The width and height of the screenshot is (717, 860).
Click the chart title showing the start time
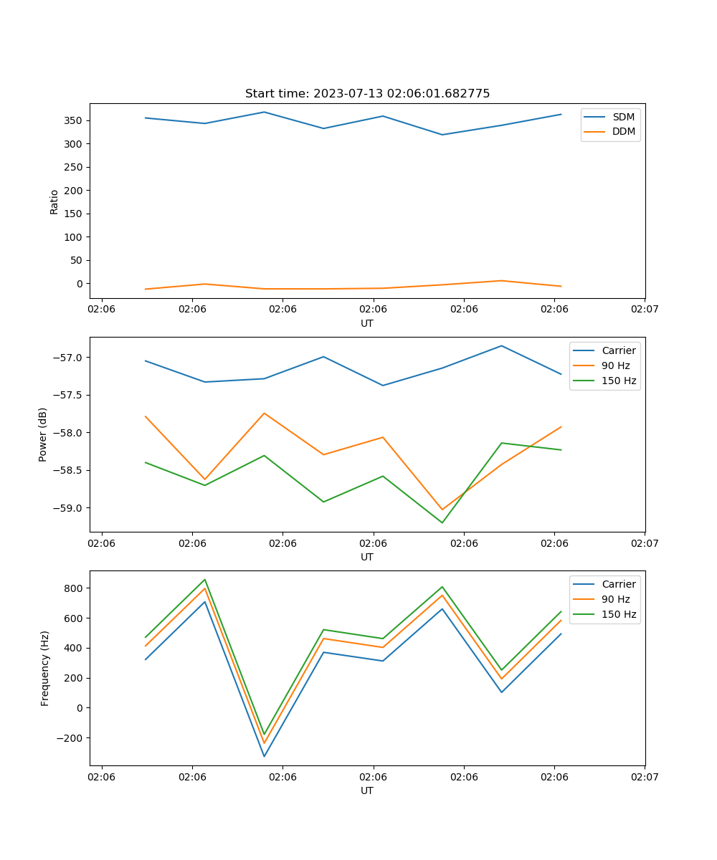tap(367, 94)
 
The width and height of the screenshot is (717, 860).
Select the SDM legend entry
tap(623, 117)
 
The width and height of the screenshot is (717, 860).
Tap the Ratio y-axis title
tap(54, 201)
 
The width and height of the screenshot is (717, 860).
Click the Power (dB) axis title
tap(43, 434)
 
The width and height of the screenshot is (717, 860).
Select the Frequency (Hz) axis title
tap(44, 668)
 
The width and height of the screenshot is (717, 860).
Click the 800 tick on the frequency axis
tap(74, 588)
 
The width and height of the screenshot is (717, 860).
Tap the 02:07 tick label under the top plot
tap(645, 310)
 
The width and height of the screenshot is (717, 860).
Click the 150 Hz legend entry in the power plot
tap(619, 381)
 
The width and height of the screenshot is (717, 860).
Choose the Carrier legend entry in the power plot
tap(618, 350)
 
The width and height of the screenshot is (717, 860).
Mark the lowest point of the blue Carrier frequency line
tap(264, 756)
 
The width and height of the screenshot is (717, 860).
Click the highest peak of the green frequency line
tap(205, 579)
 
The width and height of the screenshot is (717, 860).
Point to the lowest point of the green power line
tap(442, 522)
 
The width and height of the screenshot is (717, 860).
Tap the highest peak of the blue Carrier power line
tap(502, 345)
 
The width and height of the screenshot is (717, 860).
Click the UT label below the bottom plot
tap(367, 790)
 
